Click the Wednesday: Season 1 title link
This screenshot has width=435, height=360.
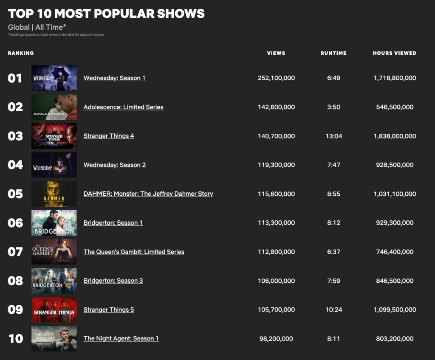point(114,78)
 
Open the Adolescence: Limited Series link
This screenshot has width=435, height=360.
point(123,107)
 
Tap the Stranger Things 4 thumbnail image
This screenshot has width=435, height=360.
point(54,136)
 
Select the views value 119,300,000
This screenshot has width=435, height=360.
point(276,165)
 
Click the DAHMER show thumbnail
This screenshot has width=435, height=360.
point(54,194)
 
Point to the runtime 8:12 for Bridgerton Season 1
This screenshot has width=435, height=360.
point(333,223)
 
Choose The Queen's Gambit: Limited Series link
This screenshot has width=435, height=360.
point(134,252)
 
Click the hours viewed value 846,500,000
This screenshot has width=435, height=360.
point(395,281)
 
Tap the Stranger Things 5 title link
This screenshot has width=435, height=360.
point(109,309)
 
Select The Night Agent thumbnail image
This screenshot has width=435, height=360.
point(54,338)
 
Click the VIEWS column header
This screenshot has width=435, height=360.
point(276,53)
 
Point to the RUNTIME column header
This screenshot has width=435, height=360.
point(333,53)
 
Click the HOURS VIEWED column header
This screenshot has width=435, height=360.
point(395,53)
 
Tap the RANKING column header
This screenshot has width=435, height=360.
point(21,53)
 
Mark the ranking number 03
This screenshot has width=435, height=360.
point(15,136)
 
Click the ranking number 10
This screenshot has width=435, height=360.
point(16,339)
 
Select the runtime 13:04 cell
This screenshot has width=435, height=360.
point(333,136)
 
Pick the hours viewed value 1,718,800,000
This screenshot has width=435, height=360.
point(395,78)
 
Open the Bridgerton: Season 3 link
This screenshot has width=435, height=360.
point(113,281)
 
